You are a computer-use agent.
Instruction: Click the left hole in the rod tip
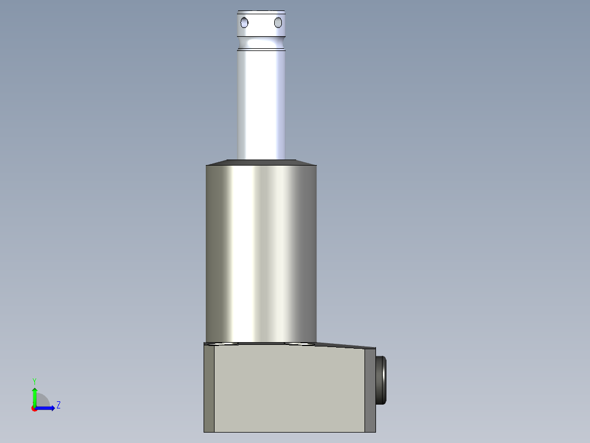pos(244,22)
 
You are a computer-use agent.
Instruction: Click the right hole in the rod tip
pos(278,22)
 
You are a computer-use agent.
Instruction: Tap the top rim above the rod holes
pos(261,12)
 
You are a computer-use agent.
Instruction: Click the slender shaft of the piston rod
pos(261,104)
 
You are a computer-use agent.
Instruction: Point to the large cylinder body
pos(261,252)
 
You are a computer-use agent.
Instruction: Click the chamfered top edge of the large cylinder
pos(261,162)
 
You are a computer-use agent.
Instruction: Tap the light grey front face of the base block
pos(289,389)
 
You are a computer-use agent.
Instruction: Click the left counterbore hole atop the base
pos(225,344)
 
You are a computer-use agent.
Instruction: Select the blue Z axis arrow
pos(47,408)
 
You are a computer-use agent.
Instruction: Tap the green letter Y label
pos(34,381)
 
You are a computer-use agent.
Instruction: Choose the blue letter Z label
pos(58,405)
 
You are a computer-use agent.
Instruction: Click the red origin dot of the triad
pos(34,408)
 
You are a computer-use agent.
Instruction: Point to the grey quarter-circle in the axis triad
pos(42,401)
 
